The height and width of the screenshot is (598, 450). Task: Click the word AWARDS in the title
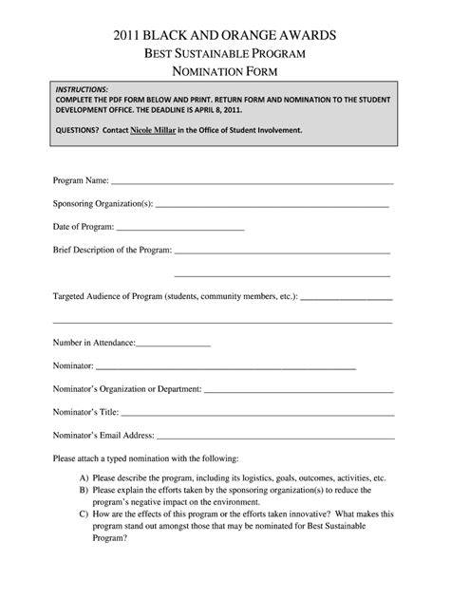[302, 35]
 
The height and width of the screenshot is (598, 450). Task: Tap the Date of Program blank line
[180, 228]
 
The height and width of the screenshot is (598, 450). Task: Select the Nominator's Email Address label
[103, 436]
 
